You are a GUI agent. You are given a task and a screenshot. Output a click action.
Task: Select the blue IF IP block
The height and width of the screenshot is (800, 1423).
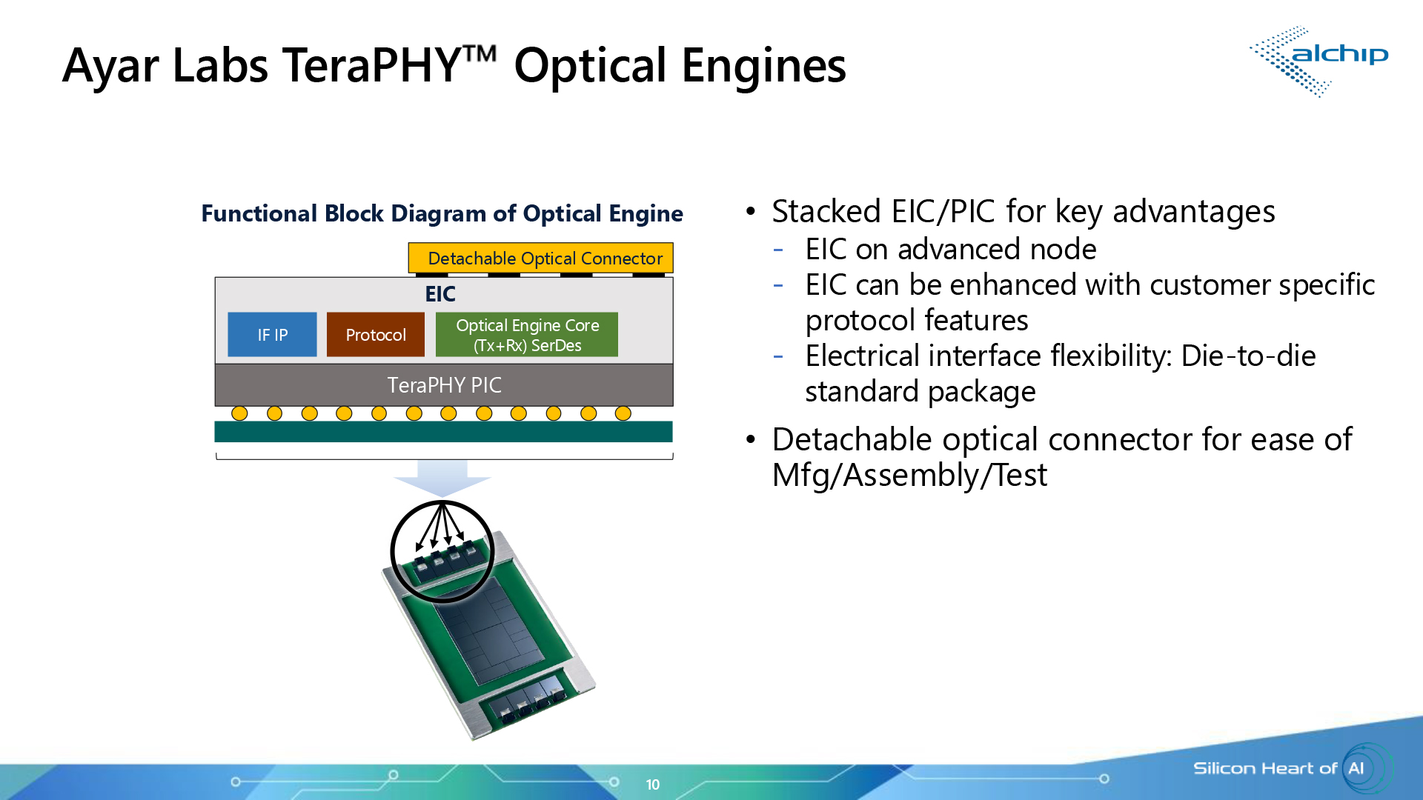[272, 335]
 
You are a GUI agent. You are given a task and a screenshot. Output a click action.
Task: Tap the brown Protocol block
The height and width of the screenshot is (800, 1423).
[375, 335]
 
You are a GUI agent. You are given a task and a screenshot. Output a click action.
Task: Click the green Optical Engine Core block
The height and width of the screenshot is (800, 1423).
[527, 335]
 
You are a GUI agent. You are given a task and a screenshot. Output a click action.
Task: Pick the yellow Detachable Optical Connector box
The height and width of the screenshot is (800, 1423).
[541, 258]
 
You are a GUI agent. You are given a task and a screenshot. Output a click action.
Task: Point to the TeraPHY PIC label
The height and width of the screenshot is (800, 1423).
[444, 385]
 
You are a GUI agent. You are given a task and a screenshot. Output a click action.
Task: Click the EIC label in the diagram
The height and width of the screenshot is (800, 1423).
[440, 294]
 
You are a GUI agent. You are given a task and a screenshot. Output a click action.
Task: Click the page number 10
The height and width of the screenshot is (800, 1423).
[652, 784]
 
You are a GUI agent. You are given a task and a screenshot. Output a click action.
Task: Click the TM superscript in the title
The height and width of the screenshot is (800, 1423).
[480, 53]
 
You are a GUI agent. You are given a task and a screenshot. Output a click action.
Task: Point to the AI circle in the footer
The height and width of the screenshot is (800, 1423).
[1357, 768]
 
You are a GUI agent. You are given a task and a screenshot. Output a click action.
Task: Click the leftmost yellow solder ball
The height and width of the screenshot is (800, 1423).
[239, 413]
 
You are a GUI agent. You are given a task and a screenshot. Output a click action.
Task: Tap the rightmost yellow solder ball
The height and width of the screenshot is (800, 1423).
[623, 413]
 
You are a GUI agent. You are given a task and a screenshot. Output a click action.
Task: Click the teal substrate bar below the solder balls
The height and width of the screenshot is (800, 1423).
[443, 431]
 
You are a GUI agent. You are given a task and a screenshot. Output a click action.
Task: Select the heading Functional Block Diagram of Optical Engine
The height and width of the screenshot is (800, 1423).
[442, 213]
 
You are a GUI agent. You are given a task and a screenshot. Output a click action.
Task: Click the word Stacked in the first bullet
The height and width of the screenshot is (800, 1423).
[826, 212]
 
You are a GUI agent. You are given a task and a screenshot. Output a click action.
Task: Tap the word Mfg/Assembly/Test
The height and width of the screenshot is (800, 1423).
[909, 476]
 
